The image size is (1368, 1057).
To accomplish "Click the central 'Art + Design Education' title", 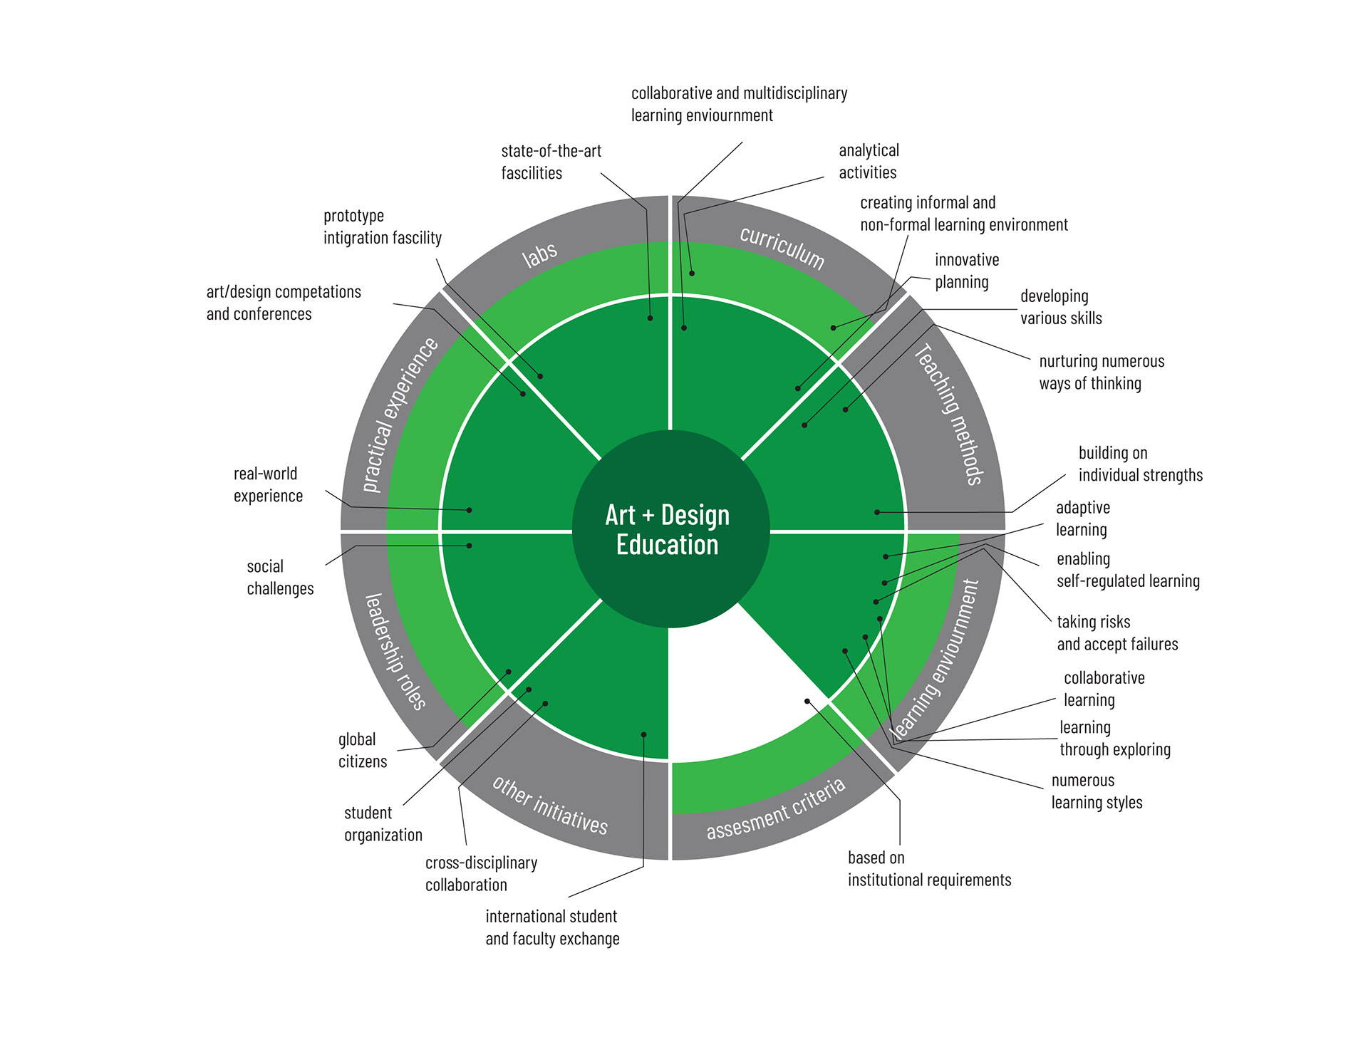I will pos(668,530).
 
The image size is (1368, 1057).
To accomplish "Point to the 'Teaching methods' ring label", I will pos(950,414).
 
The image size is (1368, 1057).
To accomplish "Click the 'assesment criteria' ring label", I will pos(776,809).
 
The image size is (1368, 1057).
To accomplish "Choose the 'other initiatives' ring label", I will pos(550,805).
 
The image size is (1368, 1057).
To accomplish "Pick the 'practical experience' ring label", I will pos(400,414).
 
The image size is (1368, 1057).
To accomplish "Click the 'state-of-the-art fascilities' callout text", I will pos(551,162).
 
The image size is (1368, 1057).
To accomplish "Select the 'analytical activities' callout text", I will pos(869,161).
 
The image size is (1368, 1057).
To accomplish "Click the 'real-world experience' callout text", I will pos(268,484).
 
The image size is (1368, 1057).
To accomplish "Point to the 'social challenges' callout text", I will pos(280,577).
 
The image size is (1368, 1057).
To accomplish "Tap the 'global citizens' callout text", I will pos(363,750).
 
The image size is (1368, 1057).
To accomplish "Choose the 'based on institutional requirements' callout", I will pos(929,868).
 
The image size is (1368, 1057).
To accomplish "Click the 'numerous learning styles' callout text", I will pos(1097,791).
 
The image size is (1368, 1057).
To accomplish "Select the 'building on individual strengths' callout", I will pos(1140,464).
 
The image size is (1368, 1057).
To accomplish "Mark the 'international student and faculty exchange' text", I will pos(552,927).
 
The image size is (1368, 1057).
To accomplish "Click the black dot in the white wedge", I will pos(807,702).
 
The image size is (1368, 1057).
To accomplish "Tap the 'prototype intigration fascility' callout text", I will pos(382,226).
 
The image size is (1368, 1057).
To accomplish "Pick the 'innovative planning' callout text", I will pos(966,271).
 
